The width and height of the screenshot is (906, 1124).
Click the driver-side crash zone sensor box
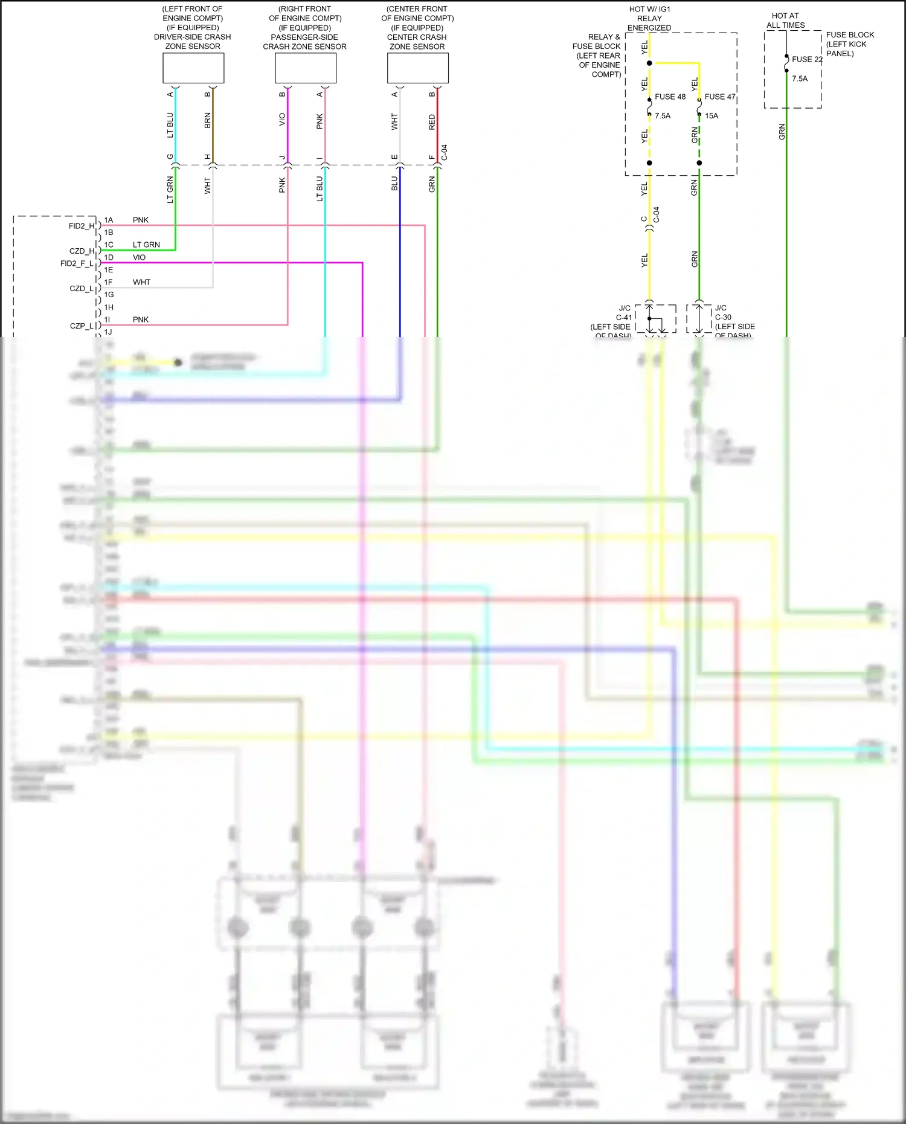pyautogui.click(x=193, y=68)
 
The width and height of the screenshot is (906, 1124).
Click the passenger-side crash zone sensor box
pyautogui.click(x=306, y=68)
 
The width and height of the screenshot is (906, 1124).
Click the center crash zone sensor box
pyautogui.click(x=417, y=68)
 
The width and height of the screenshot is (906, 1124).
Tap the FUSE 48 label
pyautogui.click(x=670, y=97)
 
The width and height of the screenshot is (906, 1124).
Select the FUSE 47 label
pyautogui.click(x=719, y=97)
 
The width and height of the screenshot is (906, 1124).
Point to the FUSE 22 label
pyautogui.click(x=806, y=59)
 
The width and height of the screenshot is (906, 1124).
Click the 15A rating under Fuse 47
pyautogui.click(x=712, y=116)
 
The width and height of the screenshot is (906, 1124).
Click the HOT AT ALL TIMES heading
pyautogui.click(x=785, y=21)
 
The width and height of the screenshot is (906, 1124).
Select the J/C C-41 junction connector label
pyautogui.click(x=624, y=313)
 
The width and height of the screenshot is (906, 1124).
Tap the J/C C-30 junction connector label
pyautogui.click(x=722, y=312)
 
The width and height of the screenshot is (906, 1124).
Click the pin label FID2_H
pyautogui.click(x=82, y=226)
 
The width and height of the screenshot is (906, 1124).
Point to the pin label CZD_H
pyautogui.click(x=82, y=251)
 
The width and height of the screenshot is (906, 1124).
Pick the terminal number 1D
pyautogui.click(x=109, y=257)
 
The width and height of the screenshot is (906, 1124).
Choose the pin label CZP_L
pyautogui.click(x=82, y=326)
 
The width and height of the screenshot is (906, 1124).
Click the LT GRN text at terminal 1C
pyautogui.click(x=146, y=245)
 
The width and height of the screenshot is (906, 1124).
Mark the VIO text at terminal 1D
pyautogui.click(x=139, y=257)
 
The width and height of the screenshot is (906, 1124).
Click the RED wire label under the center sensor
pyautogui.click(x=432, y=122)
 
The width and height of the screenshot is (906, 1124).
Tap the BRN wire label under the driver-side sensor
pyautogui.click(x=208, y=120)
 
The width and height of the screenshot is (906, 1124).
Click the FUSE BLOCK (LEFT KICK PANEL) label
pyautogui.click(x=849, y=44)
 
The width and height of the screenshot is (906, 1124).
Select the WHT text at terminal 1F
pyautogui.click(x=141, y=282)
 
